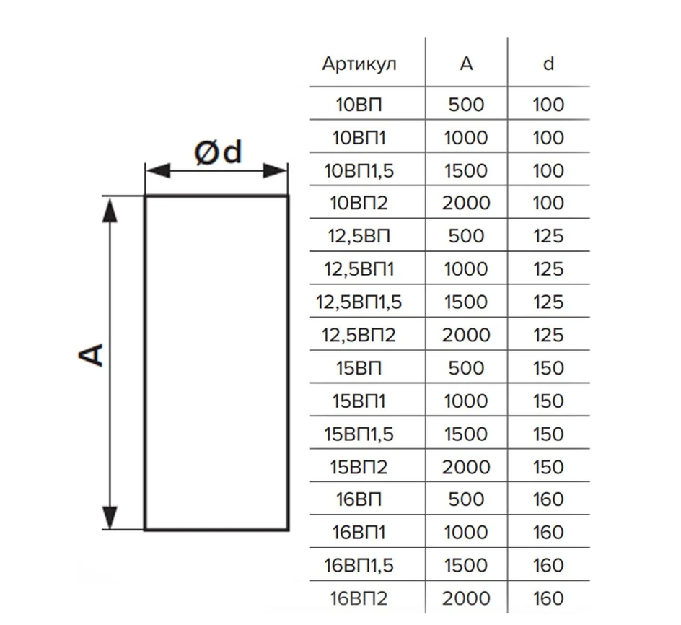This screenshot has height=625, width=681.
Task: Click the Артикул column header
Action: (x=359, y=64)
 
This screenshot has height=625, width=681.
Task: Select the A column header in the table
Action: (x=466, y=64)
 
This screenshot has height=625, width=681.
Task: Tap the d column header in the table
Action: (x=548, y=64)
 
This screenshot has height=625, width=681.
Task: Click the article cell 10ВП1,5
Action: (x=359, y=170)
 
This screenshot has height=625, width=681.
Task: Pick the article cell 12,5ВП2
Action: (x=359, y=335)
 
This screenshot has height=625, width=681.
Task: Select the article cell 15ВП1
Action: (x=359, y=401)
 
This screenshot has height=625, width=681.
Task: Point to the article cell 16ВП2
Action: (x=359, y=598)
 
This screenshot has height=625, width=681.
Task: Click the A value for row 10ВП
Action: (x=466, y=105)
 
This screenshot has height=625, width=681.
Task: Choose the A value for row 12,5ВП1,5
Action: (x=466, y=302)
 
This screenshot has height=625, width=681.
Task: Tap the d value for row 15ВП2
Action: (x=548, y=467)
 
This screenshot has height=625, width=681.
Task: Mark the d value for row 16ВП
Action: (x=548, y=499)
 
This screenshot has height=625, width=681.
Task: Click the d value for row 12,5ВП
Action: (x=548, y=236)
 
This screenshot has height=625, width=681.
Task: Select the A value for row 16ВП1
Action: (x=466, y=533)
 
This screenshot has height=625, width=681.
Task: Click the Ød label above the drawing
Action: (x=218, y=152)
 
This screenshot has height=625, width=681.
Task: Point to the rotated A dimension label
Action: (x=91, y=354)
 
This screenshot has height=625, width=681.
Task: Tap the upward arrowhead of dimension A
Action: (x=110, y=209)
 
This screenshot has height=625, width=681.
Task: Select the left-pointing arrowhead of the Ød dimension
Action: (x=158, y=171)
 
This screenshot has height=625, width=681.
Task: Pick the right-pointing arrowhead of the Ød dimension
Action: (x=274, y=171)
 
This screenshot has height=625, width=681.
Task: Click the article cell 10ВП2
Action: (x=359, y=203)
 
